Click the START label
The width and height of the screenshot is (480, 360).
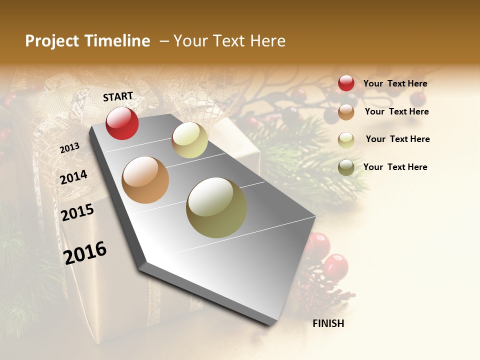pyautogui.click(x=118, y=96)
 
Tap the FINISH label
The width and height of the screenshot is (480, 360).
pyautogui.click(x=328, y=323)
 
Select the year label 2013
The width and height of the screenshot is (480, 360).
pyautogui.click(x=70, y=147)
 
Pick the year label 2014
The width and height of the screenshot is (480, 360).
pyautogui.click(x=74, y=177)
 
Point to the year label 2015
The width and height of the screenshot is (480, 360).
pyautogui.click(x=77, y=212)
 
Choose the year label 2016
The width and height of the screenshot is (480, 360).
pyautogui.click(x=85, y=252)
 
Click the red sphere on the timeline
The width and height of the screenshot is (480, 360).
pyautogui.click(x=122, y=123)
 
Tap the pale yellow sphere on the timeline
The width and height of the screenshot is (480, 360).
pyautogui.click(x=189, y=140)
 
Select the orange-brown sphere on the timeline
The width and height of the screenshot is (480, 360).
pyautogui.click(x=145, y=180)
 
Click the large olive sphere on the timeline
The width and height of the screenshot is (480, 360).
pyautogui.click(x=216, y=207)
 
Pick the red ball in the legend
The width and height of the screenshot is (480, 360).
pyautogui.click(x=346, y=83)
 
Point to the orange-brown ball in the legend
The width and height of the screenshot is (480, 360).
pyautogui.click(x=346, y=112)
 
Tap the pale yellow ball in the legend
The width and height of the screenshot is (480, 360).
pyautogui.click(x=346, y=140)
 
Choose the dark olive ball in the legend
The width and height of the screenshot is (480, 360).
pyautogui.click(x=346, y=167)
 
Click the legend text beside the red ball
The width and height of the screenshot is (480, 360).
pyautogui.click(x=395, y=84)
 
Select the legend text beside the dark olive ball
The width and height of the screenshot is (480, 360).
pyautogui.click(x=395, y=167)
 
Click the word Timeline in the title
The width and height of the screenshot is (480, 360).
pyautogui.click(x=117, y=41)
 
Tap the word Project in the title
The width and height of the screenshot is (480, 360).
pyautogui.click(x=51, y=41)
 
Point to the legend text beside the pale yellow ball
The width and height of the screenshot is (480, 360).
pyautogui.click(x=397, y=139)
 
